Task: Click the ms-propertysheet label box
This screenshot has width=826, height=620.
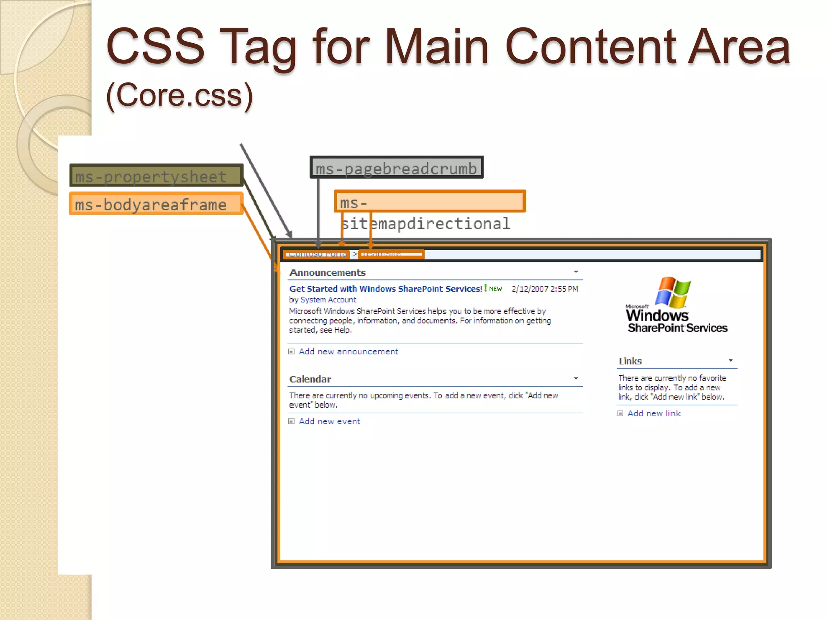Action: (x=156, y=176)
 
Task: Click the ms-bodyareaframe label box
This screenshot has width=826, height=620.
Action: (x=156, y=204)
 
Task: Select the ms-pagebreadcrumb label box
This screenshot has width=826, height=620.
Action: (x=396, y=168)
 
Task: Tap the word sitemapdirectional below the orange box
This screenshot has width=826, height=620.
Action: (x=426, y=223)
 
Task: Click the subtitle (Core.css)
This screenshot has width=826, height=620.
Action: (x=179, y=95)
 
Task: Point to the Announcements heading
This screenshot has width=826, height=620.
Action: (x=327, y=273)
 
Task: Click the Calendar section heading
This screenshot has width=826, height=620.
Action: (x=310, y=379)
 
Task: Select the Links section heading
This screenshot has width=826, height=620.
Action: (x=630, y=361)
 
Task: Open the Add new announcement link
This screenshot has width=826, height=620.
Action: (x=348, y=352)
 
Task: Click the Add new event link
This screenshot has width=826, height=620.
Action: (x=329, y=421)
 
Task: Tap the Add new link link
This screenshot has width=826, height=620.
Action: (x=654, y=413)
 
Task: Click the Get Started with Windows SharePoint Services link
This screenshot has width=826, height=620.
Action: (x=386, y=289)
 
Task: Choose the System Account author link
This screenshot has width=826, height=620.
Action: (x=328, y=300)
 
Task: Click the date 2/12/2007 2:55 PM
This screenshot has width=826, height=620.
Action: (x=544, y=289)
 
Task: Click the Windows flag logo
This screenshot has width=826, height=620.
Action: (x=673, y=292)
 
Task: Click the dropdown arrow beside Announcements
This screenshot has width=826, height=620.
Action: (x=576, y=272)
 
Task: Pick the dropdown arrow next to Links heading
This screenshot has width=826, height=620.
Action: (x=730, y=360)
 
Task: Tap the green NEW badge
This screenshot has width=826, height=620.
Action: (x=495, y=289)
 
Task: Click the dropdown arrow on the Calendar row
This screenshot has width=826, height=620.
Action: (x=576, y=379)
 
